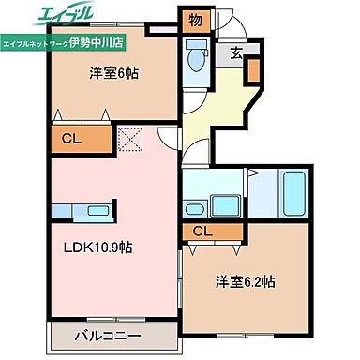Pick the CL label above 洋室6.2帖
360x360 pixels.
coord(202,232)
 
